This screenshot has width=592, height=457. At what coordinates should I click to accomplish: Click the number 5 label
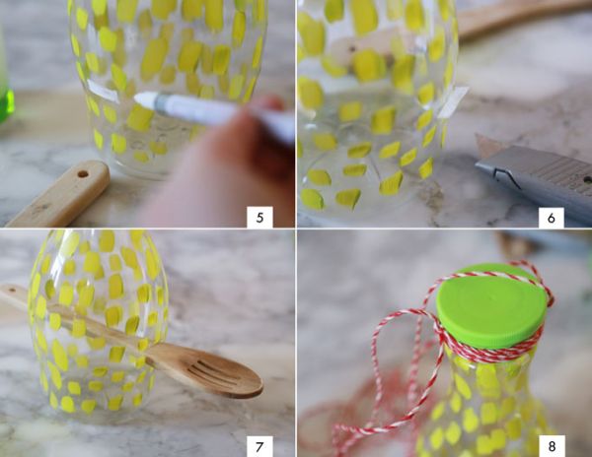click(259, 218)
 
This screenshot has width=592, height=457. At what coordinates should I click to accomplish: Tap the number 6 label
click(552, 218)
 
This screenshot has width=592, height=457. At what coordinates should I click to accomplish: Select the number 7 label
click(259, 447)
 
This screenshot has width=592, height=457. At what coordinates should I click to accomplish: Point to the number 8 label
click(552, 446)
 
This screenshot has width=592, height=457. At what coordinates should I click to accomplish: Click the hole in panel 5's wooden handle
click(83, 174)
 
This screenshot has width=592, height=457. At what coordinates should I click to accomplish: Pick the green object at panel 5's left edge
click(6, 101)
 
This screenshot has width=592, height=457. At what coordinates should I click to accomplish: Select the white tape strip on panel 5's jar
click(102, 91)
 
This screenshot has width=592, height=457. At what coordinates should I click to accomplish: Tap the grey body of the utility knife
click(540, 177)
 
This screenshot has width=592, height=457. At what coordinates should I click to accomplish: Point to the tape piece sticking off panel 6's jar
click(454, 101)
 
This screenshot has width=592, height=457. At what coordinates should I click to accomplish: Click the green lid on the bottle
click(491, 305)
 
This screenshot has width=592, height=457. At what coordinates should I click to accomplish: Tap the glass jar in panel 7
click(98, 324)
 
